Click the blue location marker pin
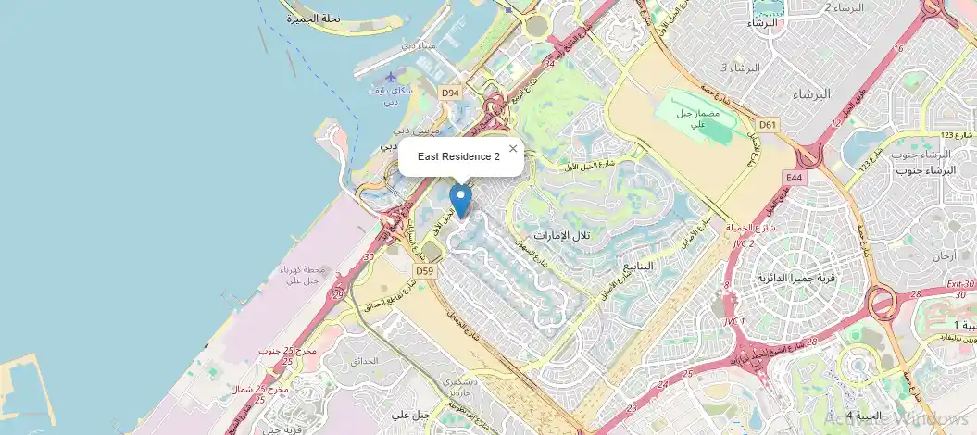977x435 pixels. click(x=460, y=199)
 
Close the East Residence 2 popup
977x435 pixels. click(x=513, y=148)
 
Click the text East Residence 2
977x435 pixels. click(x=458, y=157)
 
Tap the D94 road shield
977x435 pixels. click(x=450, y=93)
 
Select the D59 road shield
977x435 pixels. click(x=425, y=270)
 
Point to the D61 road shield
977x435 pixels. click(x=768, y=124)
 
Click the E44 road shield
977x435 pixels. click(x=793, y=177)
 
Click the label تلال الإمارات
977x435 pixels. click(x=562, y=236)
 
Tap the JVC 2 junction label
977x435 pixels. click(x=745, y=243)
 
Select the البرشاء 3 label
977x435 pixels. click(x=740, y=68)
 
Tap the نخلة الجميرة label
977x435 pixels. click(x=314, y=19)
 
